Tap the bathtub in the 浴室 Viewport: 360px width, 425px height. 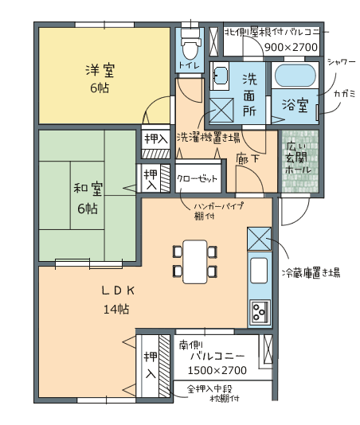click(x=295, y=76)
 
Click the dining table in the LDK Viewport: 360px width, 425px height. click(x=195, y=262)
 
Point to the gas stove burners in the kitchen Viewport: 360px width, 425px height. click(x=260, y=313)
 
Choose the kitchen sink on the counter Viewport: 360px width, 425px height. click(x=259, y=271)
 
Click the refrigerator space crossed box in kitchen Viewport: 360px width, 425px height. click(x=259, y=239)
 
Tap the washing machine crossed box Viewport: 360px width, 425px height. click(x=221, y=111)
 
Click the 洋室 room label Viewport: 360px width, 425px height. click(x=100, y=71)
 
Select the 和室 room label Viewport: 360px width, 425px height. click(x=88, y=189)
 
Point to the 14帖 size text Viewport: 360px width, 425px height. click(x=116, y=309)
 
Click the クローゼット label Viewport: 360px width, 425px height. click(x=198, y=179)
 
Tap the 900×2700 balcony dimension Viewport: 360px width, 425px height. click(x=291, y=47)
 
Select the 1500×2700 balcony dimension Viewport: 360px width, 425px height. click(x=217, y=370)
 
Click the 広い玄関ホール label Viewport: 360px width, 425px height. click(x=298, y=158)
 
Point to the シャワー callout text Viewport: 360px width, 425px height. click(x=341, y=62)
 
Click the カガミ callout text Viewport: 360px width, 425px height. click(x=345, y=94)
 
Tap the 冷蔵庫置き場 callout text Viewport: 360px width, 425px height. click(x=311, y=272)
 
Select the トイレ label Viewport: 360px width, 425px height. click(x=189, y=65)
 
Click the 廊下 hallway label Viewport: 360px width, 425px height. click(x=247, y=158)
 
